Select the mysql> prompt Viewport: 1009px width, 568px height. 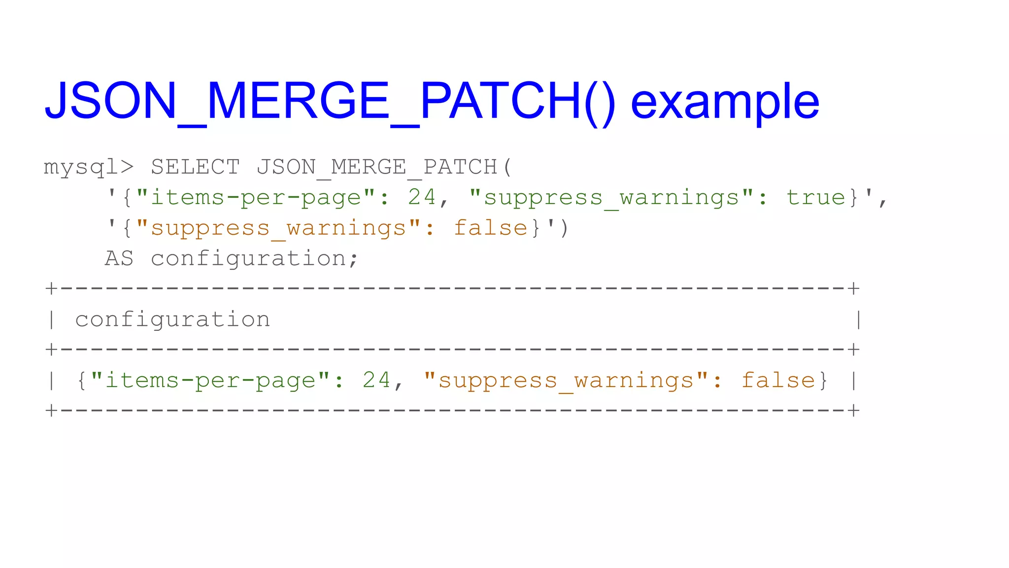click(89, 167)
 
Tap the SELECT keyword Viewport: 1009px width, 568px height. click(195, 167)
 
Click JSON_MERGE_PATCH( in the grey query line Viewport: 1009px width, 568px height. click(384, 167)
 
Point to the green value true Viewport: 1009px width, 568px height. click(815, 198)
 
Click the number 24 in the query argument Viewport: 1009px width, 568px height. click(422, 198)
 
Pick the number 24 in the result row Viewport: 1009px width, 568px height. click(376, 381)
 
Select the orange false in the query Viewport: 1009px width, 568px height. click(490, 228)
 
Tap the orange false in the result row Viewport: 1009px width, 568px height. click(778, 381)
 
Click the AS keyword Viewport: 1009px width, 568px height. click(119, 259)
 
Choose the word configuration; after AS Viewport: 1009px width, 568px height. click(254, 259)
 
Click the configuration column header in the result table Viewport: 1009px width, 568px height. click(172, 320)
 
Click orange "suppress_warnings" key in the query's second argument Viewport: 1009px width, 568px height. click(278, 228)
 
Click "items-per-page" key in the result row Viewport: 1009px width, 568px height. click(210, 381)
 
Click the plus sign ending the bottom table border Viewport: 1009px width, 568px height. click(854, 411)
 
